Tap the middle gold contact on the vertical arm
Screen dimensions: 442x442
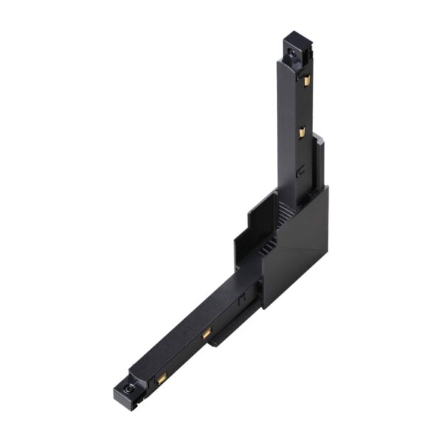[x=301, y=132]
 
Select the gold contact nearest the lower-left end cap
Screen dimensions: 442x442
[x=161, y=377]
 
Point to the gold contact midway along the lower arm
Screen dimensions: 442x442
[x=207, y=334]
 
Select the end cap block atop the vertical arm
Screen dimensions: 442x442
[x=296, y=45]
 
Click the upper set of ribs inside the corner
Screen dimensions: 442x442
[x=284, y=214]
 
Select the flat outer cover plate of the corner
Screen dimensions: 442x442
[x=298, y=243]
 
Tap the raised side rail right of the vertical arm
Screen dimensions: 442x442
[x=318, y=162]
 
